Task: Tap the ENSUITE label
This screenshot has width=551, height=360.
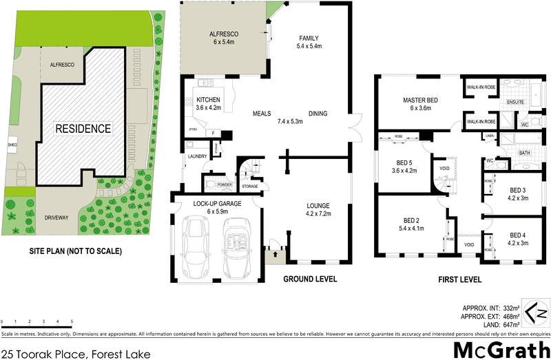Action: pos(515,102)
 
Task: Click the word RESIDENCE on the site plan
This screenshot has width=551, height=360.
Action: pos(83,129)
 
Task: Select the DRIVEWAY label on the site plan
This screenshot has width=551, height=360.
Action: pos(56,218)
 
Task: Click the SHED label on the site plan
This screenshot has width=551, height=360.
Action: pos(12,145)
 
